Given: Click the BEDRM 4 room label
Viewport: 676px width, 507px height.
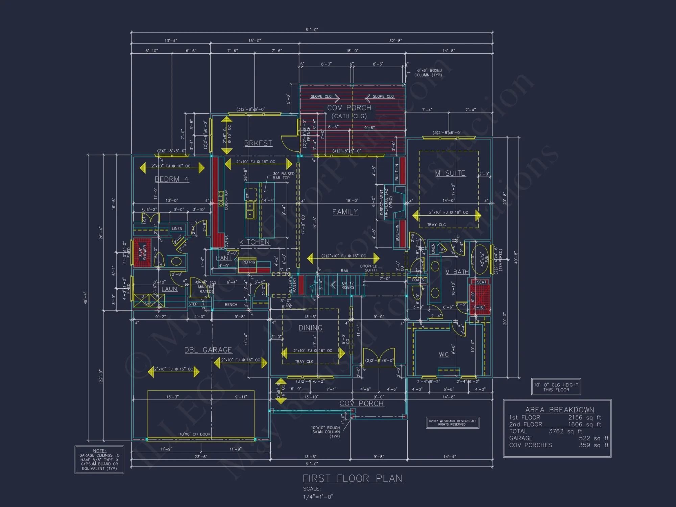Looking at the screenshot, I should pyautogui.click(x=172, y=179).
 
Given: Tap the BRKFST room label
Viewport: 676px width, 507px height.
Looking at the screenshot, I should pyautogui.click(x=258, y=143).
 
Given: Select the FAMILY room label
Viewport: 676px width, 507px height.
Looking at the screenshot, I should pyautogui.click(x=345, y=212).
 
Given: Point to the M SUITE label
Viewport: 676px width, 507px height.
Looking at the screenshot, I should pyautogui.click(x=450, y=173).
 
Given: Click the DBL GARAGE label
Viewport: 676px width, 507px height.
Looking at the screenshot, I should pyautogui.click(x=208, y=350).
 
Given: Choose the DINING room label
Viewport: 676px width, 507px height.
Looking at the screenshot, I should pyautogui.click(x=310, y=328).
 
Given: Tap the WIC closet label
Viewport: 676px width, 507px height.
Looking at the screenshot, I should pyautogui.click(x=444, y=355).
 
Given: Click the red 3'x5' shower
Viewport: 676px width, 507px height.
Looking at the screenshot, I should pyautogui.click(x=142, y=252).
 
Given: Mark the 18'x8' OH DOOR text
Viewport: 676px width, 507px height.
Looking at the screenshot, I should pyautogui.click(x=195, y=434).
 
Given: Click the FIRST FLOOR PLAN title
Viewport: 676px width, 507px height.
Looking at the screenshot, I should pyautogui.click(x=353, y=479).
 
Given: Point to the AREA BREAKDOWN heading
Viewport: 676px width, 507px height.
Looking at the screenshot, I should pyautogui.click(x=559, y=410).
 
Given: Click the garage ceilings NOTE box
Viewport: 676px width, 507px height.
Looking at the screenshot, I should pyautogui.click(x=99, y=460).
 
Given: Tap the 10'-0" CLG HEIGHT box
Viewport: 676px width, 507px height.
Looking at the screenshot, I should pyautogui.click(x=556, y=387).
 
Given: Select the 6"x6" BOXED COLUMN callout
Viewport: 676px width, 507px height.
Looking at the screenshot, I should pyautogui.click(x=428, y=73).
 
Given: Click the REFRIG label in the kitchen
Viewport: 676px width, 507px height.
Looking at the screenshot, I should pyautogui.click(x=249, y=262).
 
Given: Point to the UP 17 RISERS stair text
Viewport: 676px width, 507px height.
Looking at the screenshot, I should pyautogui.click(x=348, y=285).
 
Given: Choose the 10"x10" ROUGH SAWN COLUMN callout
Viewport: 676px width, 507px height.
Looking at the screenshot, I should pyautogui.click(x=325, y=432).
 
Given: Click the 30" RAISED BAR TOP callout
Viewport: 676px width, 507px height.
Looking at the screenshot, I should pyautogui.click(x=283, y=176).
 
